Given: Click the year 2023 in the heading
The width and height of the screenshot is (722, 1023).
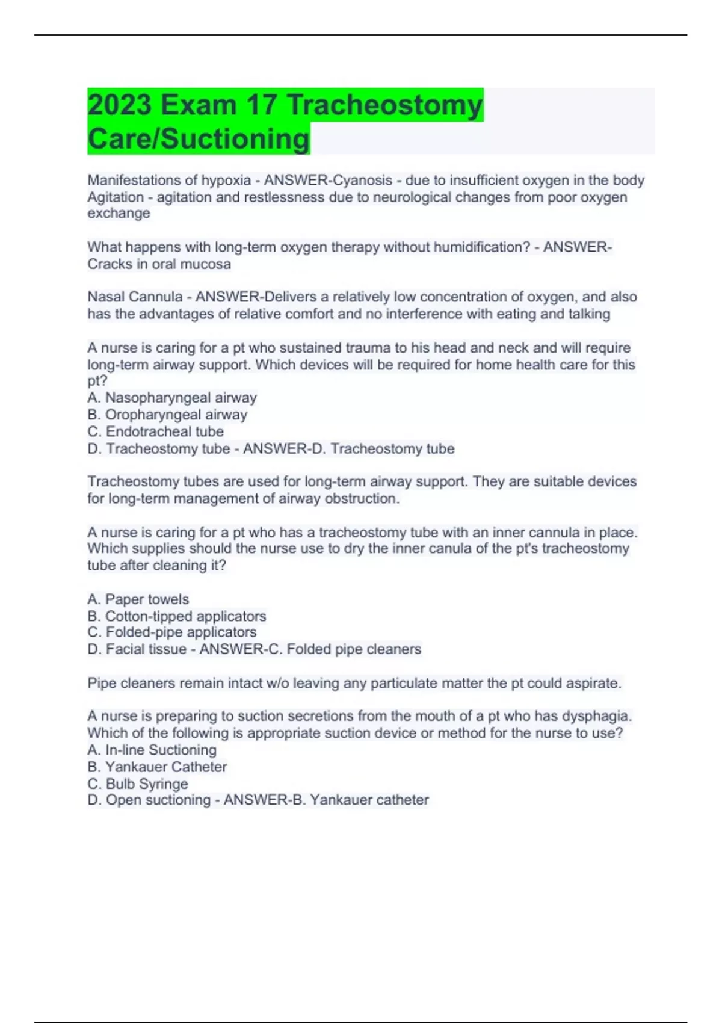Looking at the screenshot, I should click(x=120, y=105).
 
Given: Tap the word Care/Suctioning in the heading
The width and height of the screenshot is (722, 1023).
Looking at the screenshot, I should click(x=199, y=139).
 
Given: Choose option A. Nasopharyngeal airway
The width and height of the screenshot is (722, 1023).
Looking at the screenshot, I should click(x=172, y=398).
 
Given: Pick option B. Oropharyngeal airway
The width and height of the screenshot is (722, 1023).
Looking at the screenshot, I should click(x=167, y=415).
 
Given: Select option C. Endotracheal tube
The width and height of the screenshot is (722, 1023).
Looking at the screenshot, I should click(x=155, y=431).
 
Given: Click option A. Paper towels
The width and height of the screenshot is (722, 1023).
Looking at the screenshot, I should click(x=138, y=599).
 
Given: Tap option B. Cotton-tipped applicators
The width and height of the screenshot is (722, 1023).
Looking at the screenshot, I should click(x=176, y=616).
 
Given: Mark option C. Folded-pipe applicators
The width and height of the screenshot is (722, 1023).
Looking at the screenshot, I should click(x=171, y=632).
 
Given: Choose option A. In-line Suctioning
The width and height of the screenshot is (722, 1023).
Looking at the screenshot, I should click(x=152, y=750).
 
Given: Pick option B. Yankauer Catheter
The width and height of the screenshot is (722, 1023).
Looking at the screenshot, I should click(x=157, y=767).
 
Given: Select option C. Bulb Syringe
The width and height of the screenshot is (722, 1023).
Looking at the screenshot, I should click(x=137, y=784).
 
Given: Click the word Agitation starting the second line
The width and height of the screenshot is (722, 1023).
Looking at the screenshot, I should click(x=116, y=197).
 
